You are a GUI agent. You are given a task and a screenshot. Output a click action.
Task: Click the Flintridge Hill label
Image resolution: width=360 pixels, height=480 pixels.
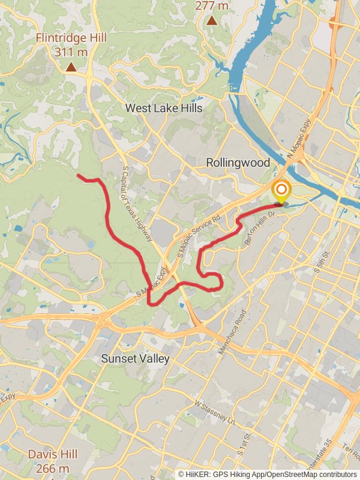pyautogui.click(x=71, y=38)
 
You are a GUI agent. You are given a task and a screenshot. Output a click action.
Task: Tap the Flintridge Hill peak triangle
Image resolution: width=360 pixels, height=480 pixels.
pyautogui.click(x=71, y=67)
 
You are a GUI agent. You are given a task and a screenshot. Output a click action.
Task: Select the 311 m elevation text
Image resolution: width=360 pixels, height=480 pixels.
pyautogui.click(x=71, y=52)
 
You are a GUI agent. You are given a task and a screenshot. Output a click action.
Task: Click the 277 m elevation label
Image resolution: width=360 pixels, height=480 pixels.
pyautogui.click(x=212, y=6)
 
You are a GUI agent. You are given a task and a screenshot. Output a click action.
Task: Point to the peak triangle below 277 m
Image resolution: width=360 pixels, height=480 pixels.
pyautogui.click(x=212, y=20)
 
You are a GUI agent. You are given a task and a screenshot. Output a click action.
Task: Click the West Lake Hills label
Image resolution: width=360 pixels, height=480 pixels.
pyautogui.click(x=164, y=108)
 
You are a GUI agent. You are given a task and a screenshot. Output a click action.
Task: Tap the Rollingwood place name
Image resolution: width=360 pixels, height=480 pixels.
pyautogui.click(x=238, y=163)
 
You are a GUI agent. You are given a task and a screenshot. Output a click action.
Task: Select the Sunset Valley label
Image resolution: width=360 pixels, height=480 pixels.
pyautogui.click(x=135, y=359)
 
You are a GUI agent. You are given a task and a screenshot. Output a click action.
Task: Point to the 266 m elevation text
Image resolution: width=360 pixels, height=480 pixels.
pyautogui.click(x=52, y=468)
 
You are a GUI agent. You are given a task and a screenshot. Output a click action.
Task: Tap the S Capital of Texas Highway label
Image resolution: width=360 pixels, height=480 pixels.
pyautogui.click(x=138, y=204)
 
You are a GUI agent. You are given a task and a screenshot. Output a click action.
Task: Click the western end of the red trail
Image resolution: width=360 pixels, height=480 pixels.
pyautogui.click(x=79, y=175)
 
